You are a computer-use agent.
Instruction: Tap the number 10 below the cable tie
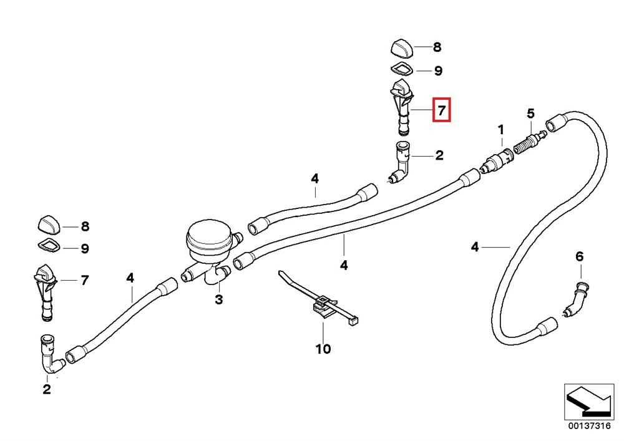(323, 349)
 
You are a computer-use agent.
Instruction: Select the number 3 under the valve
(219, 299)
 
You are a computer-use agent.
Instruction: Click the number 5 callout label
(530, 114)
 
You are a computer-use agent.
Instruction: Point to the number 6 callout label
(580, 256)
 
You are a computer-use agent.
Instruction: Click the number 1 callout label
(501, 130)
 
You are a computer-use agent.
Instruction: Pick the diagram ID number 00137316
(589, 426)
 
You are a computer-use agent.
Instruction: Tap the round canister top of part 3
(209, 237)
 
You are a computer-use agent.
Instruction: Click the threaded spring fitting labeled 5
(529, 142)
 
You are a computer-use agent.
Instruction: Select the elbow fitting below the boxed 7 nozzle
(400, 162)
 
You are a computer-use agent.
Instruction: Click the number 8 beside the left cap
(85, 226)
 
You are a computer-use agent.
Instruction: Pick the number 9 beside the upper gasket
(438, 70)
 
